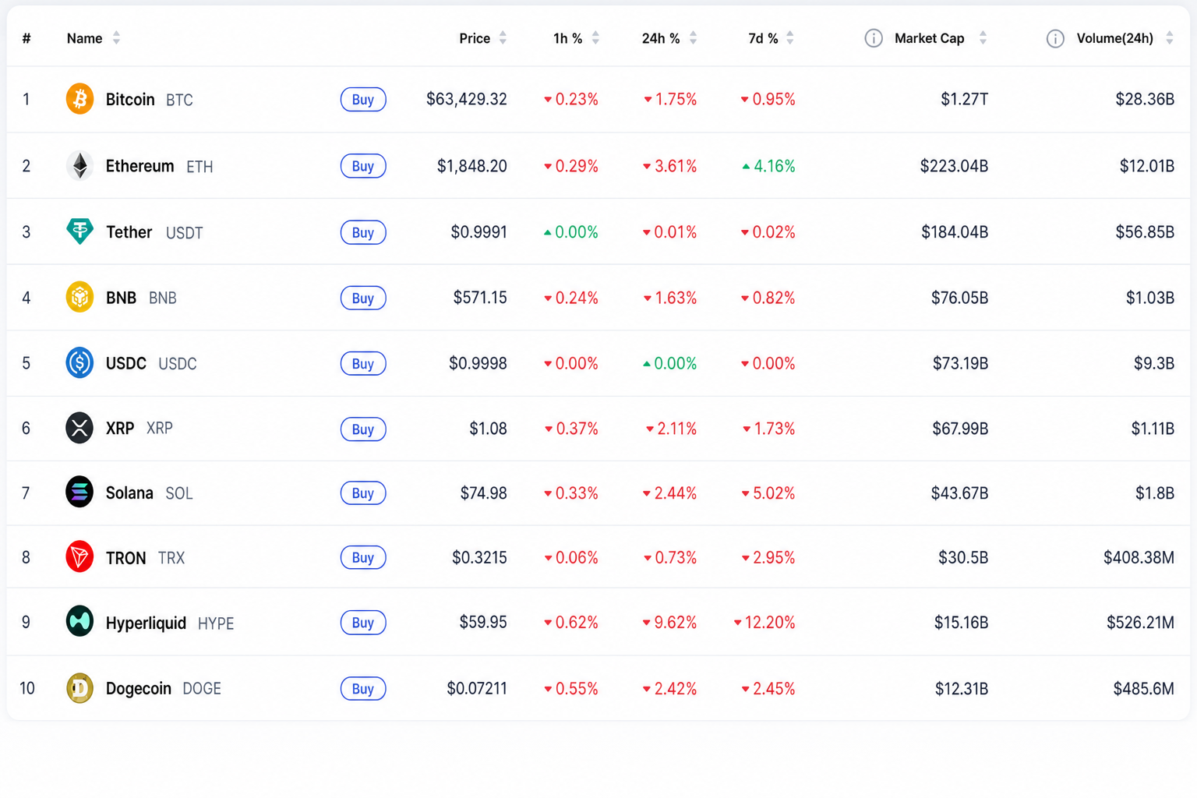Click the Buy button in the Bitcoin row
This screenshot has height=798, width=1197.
pos(363,100)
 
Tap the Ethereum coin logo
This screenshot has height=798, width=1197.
pos(79,166)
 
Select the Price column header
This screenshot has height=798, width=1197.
pos(475,38)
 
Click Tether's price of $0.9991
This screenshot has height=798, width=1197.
pos(478,232)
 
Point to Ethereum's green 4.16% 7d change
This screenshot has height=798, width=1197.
pos(768,166)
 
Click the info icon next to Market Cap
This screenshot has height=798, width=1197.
pos(873,38)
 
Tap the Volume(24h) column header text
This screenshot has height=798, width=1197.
pos(1114,38)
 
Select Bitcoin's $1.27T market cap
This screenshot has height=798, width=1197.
pos(964,100)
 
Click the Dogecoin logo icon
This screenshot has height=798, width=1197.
pos(79,688)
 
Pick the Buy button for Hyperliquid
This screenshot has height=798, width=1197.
pos(363,623)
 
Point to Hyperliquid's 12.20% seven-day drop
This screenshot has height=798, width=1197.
pos(764,622)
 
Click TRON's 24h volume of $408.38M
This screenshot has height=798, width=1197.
pos(1139,557)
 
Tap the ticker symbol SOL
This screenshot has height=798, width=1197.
pos(179,493)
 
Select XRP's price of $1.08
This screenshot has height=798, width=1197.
pos(488,429)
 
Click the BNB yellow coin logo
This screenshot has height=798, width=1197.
pos(79,297)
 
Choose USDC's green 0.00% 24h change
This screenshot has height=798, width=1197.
pos(669,363)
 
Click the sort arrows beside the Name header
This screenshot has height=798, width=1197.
pos(116,38)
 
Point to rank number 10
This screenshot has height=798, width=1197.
pos(26,688)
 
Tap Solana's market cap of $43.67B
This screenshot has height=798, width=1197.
pos(960,493)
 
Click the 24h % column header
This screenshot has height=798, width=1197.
pos(661,38)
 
